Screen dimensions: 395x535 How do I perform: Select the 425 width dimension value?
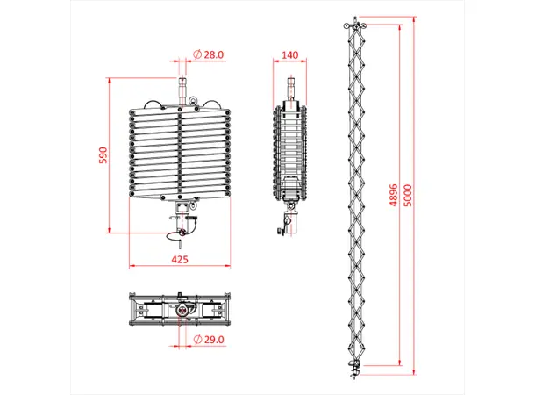pos(180,260)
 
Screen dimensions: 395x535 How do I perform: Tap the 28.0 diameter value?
pos(214,54)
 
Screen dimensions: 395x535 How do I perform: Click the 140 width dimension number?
pos(289,54)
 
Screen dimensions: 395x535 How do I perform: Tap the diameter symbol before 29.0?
pos(198,339)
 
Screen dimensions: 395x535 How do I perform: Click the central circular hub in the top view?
pos(182,310)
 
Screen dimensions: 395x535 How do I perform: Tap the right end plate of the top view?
pos(228,310)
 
